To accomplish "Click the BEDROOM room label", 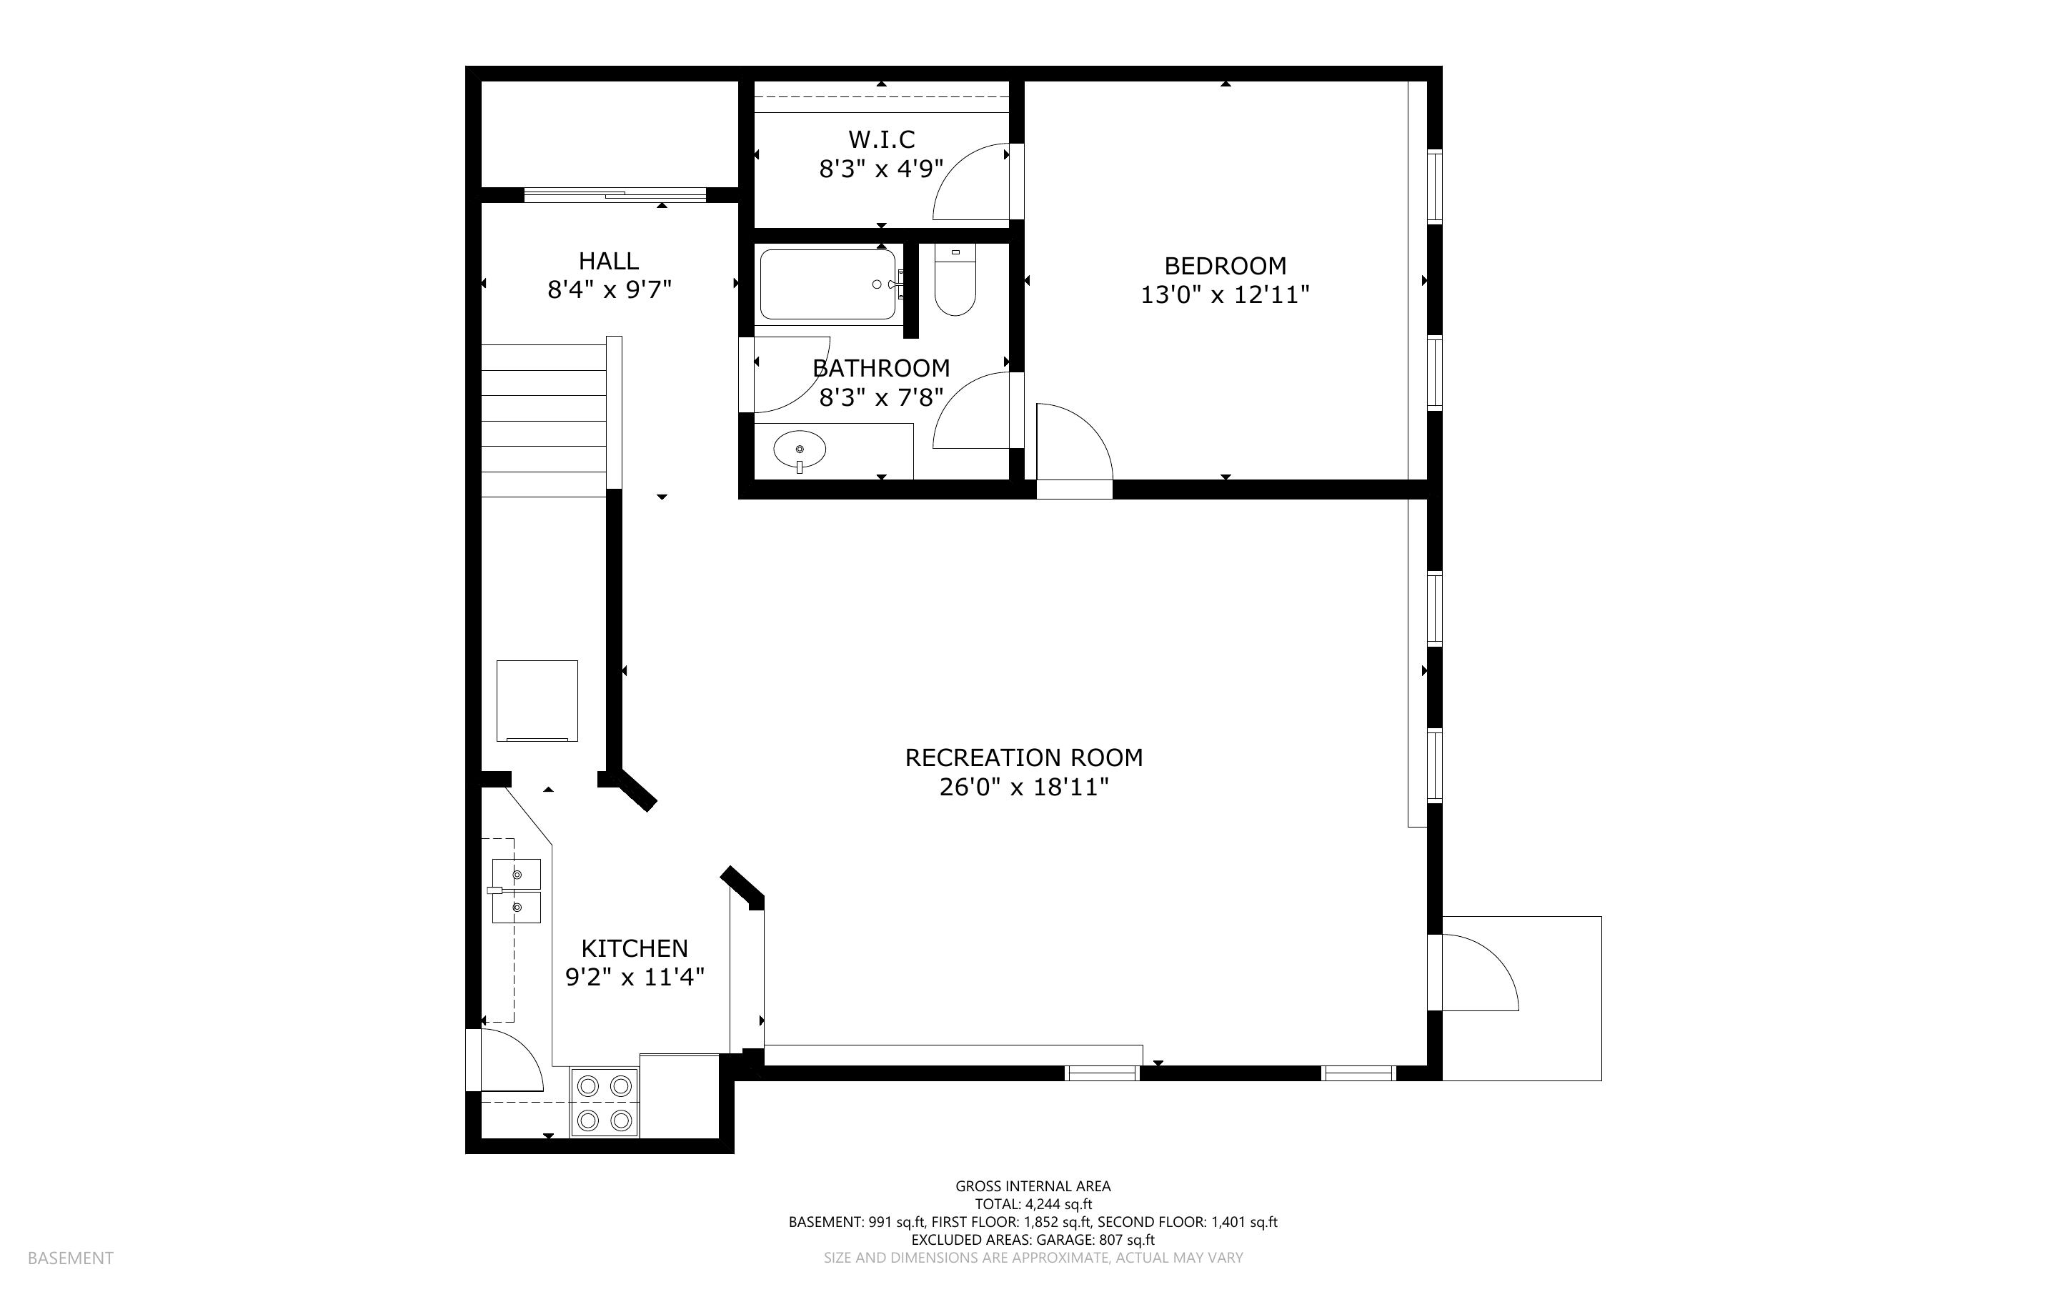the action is click(1225, 266).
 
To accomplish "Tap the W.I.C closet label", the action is click(882, 139).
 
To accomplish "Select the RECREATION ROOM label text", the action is click(1023, 758).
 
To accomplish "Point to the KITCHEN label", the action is click(634, 948).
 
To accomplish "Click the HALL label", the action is click(608, 261).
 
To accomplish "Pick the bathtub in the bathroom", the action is click(827, 284).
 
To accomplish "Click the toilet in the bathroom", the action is click(955, 280).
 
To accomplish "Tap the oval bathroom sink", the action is click(800, 450).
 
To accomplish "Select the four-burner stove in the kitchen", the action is click(604, 1103).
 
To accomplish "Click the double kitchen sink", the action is click(516, 891).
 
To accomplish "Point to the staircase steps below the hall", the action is click(544, 420).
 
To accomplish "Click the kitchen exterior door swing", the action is click(512, 1060).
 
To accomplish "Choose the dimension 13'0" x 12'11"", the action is click(1225, 295).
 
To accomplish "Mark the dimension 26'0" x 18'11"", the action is click(1023, 787).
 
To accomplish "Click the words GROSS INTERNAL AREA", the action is click(1033, 1186).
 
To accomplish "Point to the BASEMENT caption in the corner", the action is click(70, 1258).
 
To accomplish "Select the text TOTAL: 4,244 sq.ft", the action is click(1033, 1205).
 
